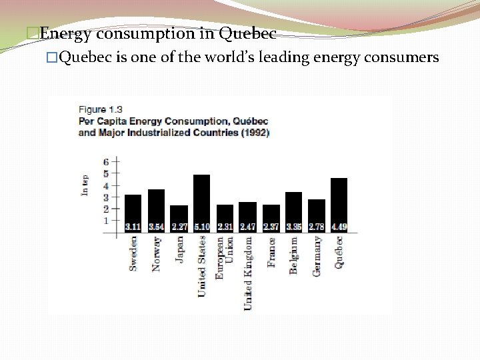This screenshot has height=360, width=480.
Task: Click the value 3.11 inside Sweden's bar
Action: [133, 227]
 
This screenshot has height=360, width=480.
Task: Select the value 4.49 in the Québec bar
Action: [339, 227]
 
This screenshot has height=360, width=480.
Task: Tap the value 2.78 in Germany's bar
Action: [316, 227]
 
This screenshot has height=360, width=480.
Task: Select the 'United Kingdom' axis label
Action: [248, 273]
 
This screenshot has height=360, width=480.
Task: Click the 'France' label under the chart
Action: [271, 253]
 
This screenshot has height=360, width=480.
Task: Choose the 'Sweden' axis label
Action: [133, 253]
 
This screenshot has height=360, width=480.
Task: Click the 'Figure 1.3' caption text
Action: [101, 109]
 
